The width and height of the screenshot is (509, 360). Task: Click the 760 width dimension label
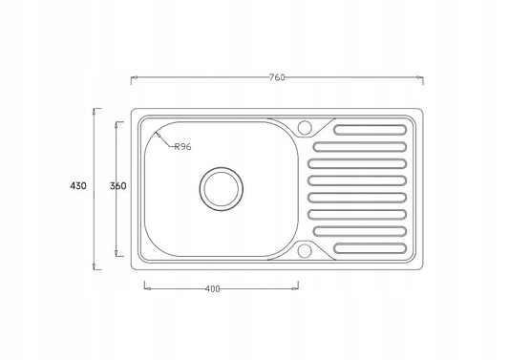(277, 77)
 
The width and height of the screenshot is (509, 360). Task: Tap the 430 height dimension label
(78, 186)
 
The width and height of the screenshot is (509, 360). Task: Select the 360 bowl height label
(117, 186)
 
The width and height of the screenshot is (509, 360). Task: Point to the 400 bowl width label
(213, 288)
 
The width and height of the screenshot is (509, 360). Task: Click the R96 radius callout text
(183, 147)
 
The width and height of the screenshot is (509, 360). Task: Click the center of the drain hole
(221, 189)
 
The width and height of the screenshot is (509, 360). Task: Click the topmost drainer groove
(371, 130)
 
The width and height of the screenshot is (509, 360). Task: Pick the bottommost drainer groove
(371, 248)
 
